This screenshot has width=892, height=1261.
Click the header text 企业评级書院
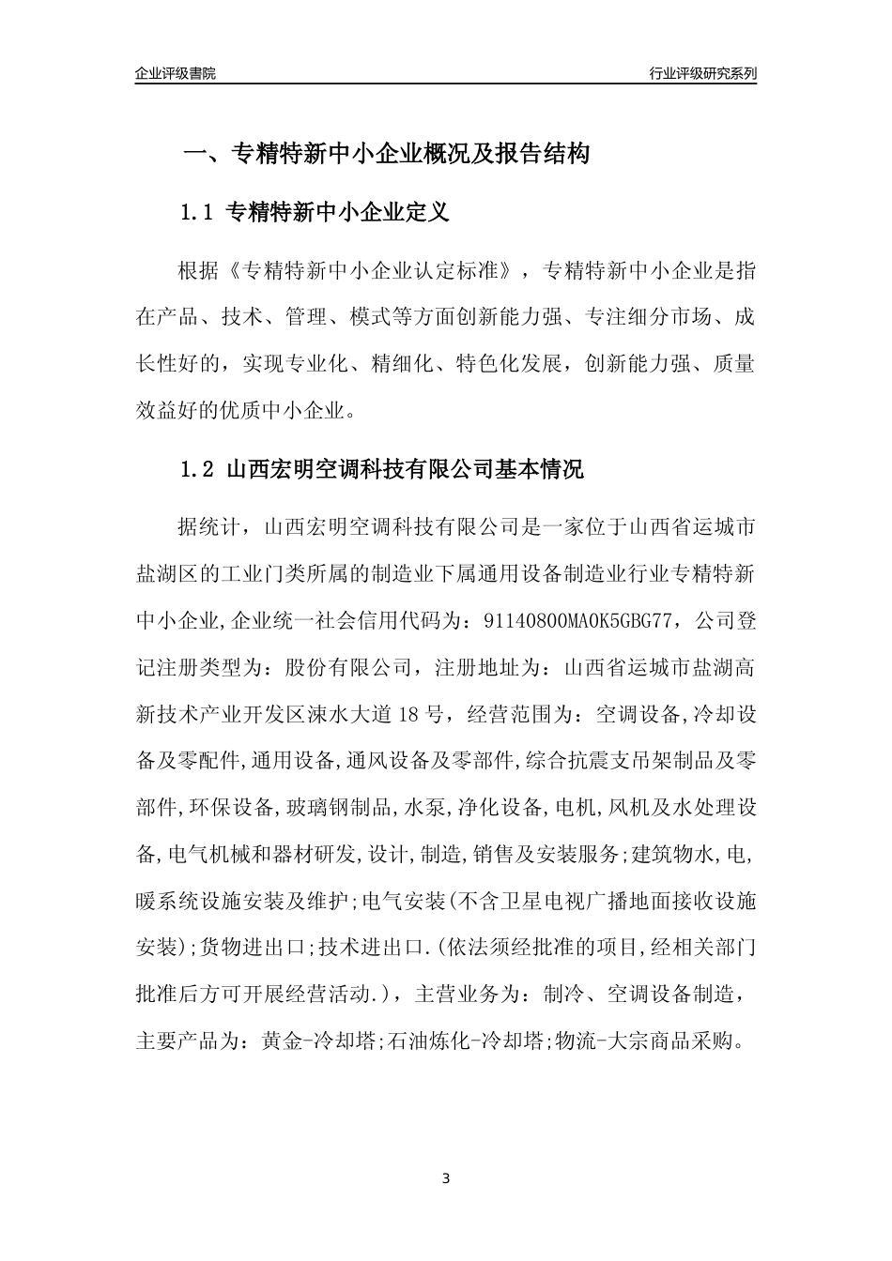(x=176, y=73)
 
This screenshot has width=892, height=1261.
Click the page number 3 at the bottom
(x=446, y=1178)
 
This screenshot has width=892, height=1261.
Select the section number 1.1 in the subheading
(x=199, y=212)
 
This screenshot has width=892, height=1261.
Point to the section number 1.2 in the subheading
(x=199, y=469)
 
